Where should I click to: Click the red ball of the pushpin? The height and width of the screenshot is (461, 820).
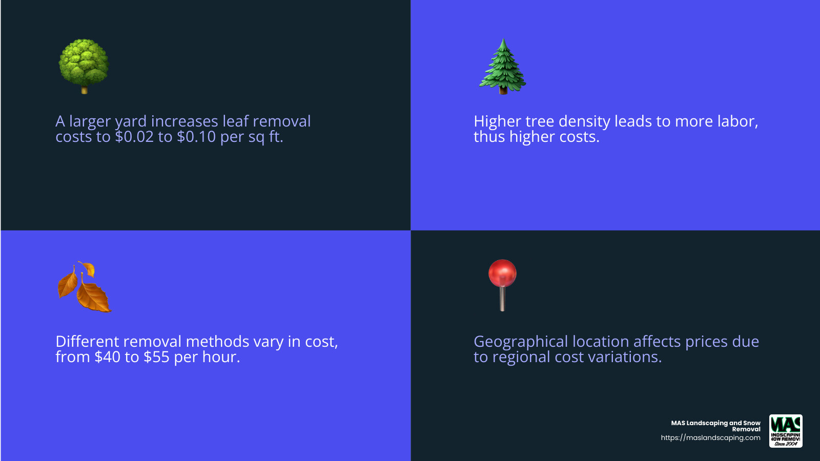(502, 273)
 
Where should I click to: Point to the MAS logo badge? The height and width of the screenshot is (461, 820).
(786, 431)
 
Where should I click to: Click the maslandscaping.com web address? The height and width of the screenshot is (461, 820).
(710, 438)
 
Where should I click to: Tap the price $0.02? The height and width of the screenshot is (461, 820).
(134, 137)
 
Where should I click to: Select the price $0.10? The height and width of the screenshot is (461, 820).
(196, 137)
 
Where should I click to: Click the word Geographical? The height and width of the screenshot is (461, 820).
(521, 342)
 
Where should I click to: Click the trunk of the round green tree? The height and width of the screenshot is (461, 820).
(85, 90)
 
